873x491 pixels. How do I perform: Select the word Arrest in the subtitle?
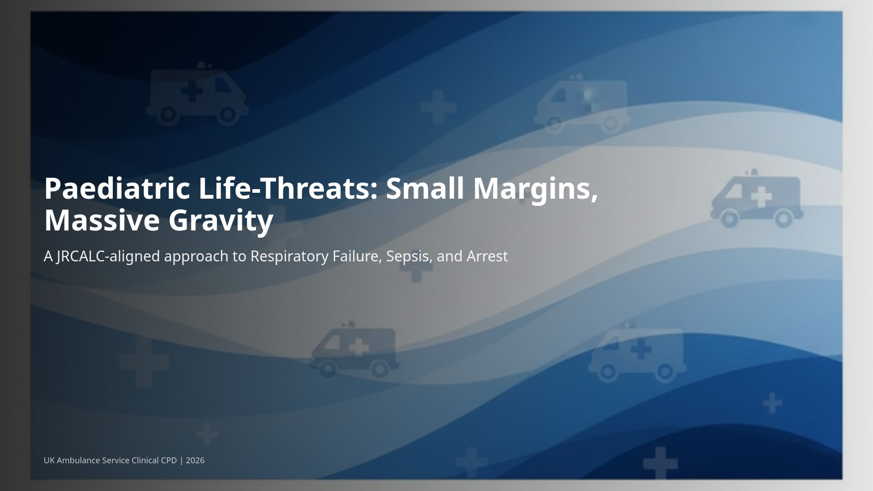(487, 256)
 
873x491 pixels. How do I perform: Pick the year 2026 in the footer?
(195, 461)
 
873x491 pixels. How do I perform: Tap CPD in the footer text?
(169, 461)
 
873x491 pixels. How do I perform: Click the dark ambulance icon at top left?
(196, 95)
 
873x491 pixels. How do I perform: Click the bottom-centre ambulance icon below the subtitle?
(354, 350)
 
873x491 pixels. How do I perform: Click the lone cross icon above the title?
(438, 107)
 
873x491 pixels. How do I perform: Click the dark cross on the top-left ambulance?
(192, 92)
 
